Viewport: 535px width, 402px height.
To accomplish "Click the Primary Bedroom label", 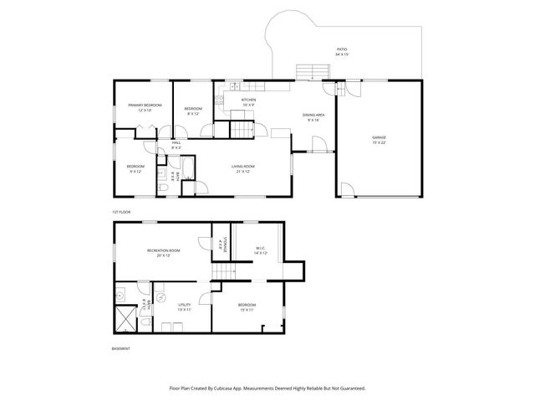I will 145,107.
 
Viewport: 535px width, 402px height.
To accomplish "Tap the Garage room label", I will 379,138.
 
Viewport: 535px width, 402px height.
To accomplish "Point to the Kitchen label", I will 248,102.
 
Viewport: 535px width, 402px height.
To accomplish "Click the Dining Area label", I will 314,117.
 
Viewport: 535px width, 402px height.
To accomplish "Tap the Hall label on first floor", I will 176,145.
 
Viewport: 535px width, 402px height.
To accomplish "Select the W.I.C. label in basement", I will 261,250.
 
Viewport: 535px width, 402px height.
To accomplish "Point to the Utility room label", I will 184,307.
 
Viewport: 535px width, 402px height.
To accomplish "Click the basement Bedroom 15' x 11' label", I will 247,307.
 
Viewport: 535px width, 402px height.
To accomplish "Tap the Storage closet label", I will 219,245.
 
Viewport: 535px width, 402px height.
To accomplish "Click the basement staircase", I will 225,276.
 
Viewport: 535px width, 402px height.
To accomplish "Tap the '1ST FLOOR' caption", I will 122,212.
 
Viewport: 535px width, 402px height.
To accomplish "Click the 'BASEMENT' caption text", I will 121,348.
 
